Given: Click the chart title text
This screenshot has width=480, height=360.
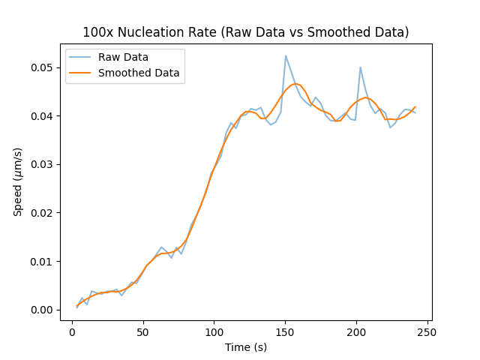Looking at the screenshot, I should point(245,32).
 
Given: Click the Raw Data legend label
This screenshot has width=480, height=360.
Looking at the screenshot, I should point(123,57).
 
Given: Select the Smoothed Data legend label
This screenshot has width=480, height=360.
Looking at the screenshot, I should point(139,73).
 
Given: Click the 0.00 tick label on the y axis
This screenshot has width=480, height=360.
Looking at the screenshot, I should point(43,310).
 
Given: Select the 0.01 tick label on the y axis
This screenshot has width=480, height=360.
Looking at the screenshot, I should point(43,262).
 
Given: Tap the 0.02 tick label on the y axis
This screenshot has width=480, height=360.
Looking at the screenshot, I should point(43,213).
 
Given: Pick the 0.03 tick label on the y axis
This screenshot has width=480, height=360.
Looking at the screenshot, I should point(43,164).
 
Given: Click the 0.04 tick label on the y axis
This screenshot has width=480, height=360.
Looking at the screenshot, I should point(43,116).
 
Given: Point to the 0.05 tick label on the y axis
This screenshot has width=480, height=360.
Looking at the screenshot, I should point(43,67).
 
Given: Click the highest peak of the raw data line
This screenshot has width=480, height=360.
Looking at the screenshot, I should point(286,55).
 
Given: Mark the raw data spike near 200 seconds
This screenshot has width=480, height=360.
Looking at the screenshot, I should point(360,67).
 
